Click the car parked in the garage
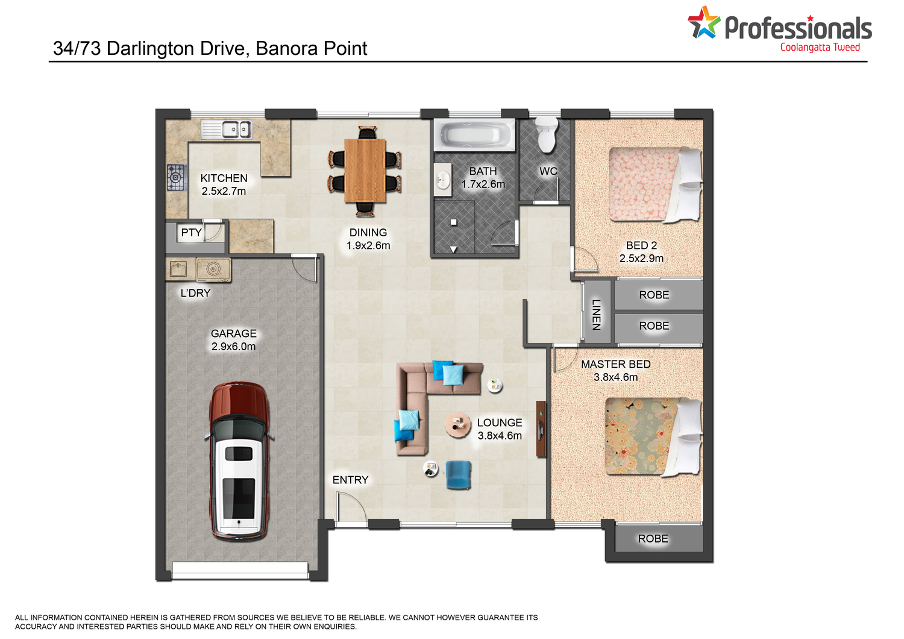coord(240,461)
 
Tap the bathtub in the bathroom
coord(474,135)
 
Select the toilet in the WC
coord(547,135)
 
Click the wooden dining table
coord(365,170)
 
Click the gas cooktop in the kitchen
coord(177,177)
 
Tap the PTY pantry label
coord(191,233)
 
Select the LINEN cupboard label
coord(596,315)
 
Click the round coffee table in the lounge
coord(457,424)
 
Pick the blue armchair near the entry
coord(459,475)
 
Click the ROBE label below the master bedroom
coord(653,538)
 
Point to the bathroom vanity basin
coord(443,180)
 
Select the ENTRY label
coord(350,480)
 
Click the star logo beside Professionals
coord(704,22)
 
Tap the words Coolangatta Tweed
coord(820,48)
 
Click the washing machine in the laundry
coord(213,269)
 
